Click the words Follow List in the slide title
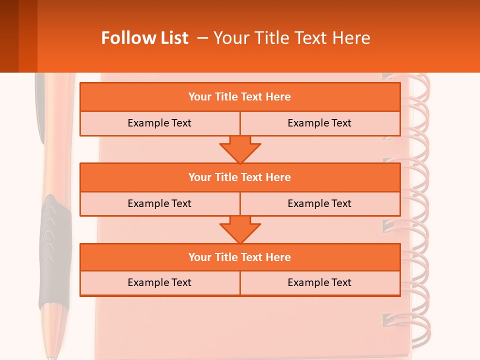[x=144, y=38]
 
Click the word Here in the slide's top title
[x=352, y=38]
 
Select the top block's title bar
[x=240, y=97]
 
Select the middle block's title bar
[x=240, y=177]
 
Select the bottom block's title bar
[x=240, y=257]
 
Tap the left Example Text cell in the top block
[x=159, y=123]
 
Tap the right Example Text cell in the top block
[x=319, y=123]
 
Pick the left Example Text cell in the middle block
[x=159, y=203]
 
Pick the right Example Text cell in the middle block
[x=319, y=203]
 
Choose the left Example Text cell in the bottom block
[x=159, y=282]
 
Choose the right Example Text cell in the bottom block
[x=319, y=282]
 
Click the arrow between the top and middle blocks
[x=240, y=149]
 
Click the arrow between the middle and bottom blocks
[x=240, y=229]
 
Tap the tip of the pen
[x=50, y=357]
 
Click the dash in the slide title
[x=202, y=38]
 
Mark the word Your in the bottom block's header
[x=200, y=257]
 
